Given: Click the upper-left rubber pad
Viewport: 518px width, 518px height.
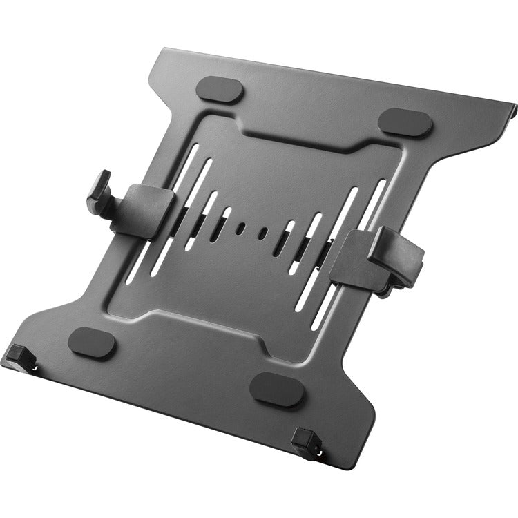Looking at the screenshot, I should click(220, 90).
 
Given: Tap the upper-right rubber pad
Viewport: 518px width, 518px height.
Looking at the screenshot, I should click(405, 122).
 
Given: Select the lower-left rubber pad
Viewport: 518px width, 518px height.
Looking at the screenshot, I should click(93, 342).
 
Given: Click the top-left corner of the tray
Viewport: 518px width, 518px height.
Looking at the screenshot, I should click(163, 50).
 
